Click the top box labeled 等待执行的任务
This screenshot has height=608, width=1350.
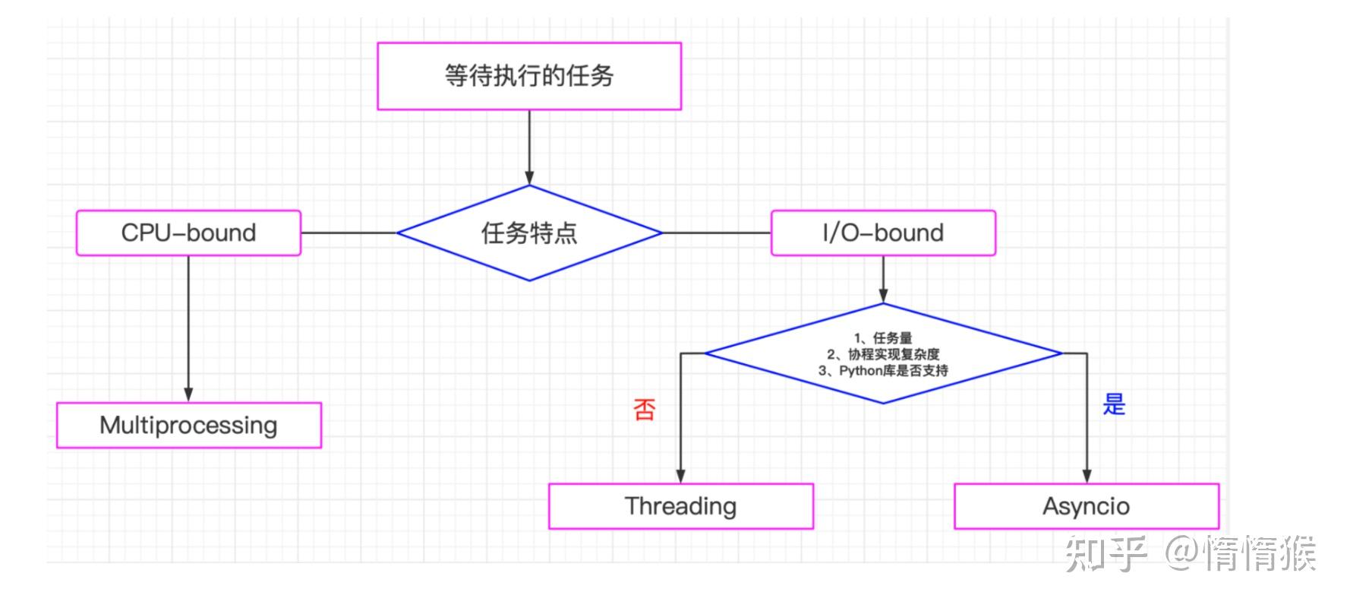tap(529, 76)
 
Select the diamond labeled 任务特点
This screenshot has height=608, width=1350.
tap(529, 233)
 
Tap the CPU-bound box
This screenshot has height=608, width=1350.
tap(188, 233)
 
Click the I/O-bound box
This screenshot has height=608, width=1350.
tap(883, 233)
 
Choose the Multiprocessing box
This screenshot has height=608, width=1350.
tap(188, 425)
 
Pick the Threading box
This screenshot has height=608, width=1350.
tap(680, 506)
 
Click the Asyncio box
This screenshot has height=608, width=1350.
tap(1086, 506)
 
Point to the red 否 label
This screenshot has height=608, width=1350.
tap(644, 410)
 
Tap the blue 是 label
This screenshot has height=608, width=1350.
tap(1114, 404)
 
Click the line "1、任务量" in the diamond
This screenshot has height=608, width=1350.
tap(883, 338)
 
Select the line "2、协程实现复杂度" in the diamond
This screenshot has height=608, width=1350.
tap(883, 354)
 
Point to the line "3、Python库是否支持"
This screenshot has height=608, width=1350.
tap(883, 371)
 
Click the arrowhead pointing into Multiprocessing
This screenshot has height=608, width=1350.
tap(188, 395)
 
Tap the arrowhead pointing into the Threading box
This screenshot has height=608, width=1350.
tap(680, 476)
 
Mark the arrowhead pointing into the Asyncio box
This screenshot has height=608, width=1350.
tap(1087, 476)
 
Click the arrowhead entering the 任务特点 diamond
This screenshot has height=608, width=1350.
tap(529, 178)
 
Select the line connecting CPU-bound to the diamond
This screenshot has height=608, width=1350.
tap(349, 233)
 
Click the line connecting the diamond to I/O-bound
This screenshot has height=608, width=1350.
tap(716, 233)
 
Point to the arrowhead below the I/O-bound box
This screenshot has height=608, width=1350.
tap(883, 296)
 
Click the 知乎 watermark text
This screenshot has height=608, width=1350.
tap(1105, 553)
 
